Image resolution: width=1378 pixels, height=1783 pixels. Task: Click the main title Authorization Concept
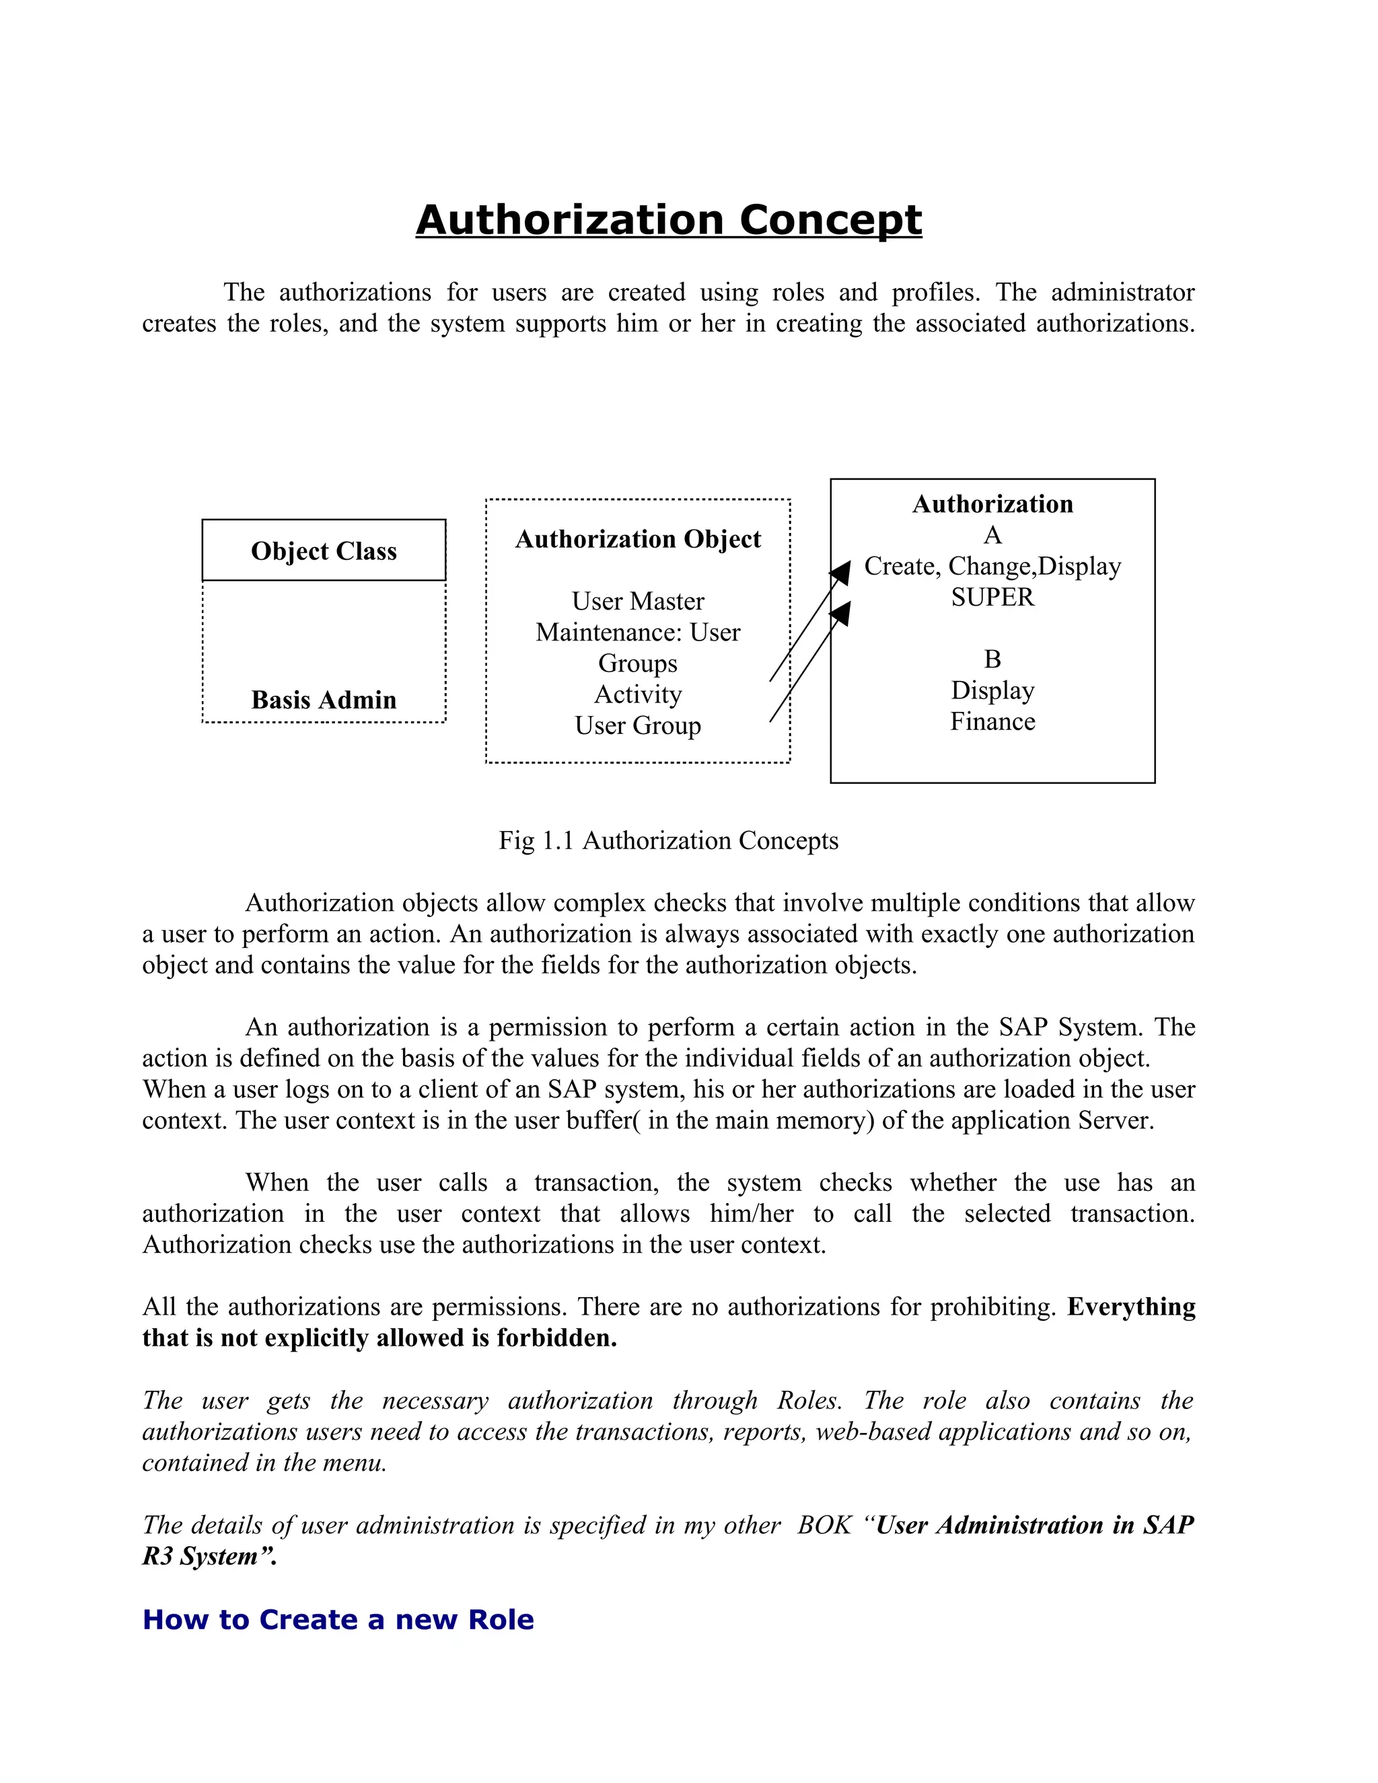[x=669, y=221]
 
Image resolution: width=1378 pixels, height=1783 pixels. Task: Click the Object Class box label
[x=324, y=551]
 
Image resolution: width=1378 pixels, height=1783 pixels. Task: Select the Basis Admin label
[x=324, y=700]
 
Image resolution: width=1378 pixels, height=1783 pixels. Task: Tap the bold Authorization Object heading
[x=638, y=539]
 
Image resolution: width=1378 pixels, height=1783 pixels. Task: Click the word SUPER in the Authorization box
[x=992, y=597]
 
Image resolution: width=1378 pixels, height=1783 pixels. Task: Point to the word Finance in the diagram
[x=992, y=722]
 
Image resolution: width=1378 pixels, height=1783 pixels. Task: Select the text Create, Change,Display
[x=992, y=566]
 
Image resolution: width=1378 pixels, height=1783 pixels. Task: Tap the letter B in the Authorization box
[x=992, y=659]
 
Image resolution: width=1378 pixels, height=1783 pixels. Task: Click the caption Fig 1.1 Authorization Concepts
[x=669, y=841]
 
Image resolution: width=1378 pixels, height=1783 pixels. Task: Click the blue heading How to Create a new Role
[x=338, y=1619]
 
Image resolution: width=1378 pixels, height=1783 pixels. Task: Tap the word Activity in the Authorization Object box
[x=638, y=695]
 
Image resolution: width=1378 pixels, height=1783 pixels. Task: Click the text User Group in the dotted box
[x=638, y=726]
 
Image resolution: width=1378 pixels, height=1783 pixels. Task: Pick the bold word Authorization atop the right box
[x=992, y=504]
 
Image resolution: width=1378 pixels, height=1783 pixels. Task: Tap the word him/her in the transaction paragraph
[x=751, y=1214]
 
